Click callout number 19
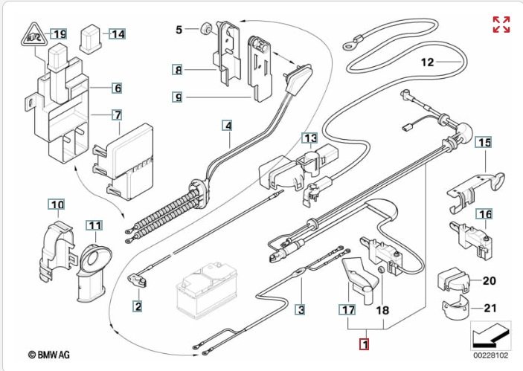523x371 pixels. (x=59, y=33)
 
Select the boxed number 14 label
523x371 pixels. (x=118, y=33)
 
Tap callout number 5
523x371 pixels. (x=179, y=30)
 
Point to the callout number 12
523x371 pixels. (x=426, y=62)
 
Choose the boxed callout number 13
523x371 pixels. (x=309, y=138)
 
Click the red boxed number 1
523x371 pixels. (x=364, y=345)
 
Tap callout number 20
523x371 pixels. (x=489, y=281)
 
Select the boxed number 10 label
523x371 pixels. (x=57, y=204)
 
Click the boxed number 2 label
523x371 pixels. (x=138, y=305)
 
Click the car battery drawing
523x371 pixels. (x=204, y=292)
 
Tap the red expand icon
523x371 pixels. (x=501, y=24)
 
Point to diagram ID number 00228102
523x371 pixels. (x=490, y=354)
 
